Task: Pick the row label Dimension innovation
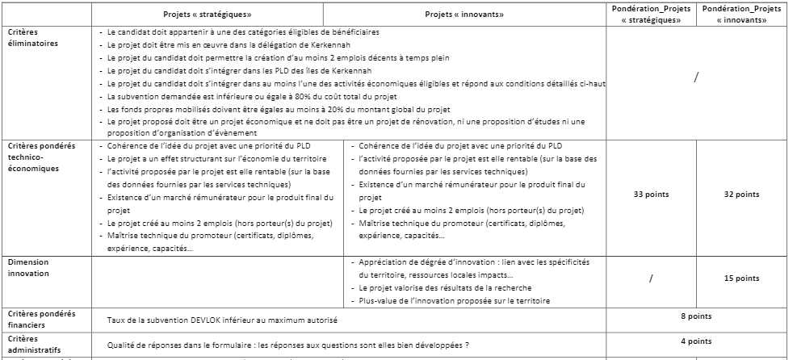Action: [30, 268]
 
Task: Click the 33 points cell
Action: [652, 195]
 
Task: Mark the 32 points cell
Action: [742, 195]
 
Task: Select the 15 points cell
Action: [742, 278]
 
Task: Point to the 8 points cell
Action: [696, 316]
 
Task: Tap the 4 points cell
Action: [696, 341]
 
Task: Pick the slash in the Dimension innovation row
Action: [652, 278]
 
